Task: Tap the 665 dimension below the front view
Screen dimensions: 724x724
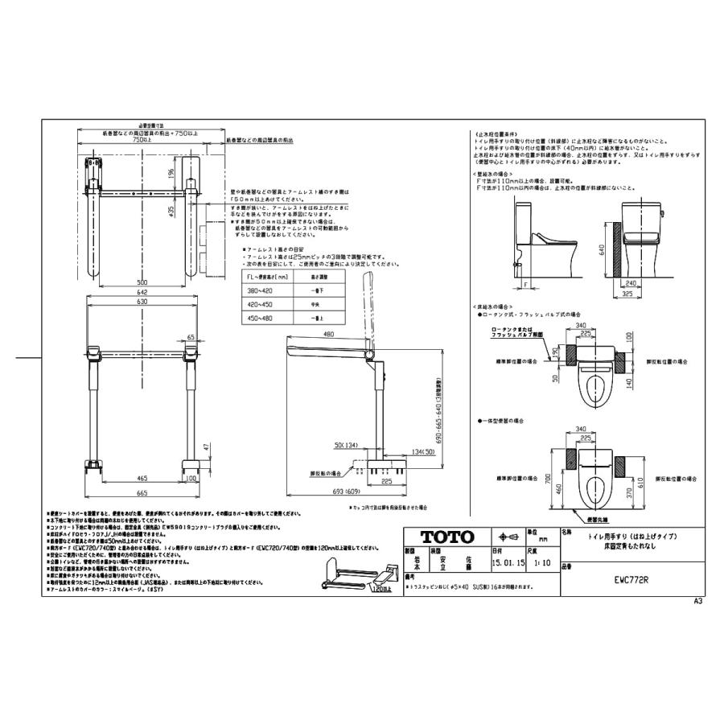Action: click(142, 492)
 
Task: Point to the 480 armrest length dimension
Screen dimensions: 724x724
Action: click(328, 335)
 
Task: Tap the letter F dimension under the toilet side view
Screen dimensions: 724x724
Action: click(524, 285)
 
